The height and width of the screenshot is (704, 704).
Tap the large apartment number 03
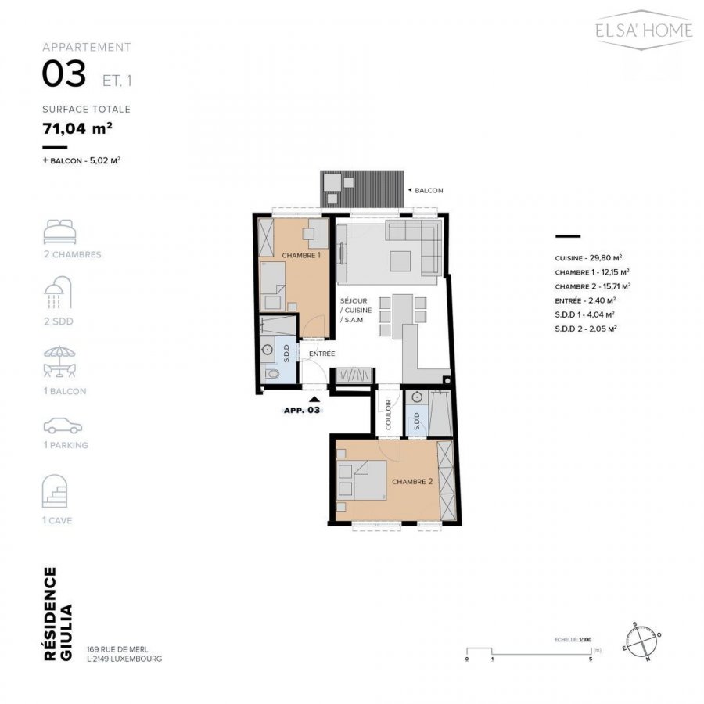coord(64,75)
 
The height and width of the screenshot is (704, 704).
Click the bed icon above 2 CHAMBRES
coord(60,232)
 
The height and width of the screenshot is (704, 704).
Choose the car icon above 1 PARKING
coord(62,426)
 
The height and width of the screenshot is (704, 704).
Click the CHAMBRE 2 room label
coord(412,482)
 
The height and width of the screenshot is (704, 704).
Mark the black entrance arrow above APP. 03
coord(314,400)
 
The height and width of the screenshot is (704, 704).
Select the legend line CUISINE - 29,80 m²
coord(587,257)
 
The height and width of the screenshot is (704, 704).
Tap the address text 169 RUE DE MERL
coord(124,648)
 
